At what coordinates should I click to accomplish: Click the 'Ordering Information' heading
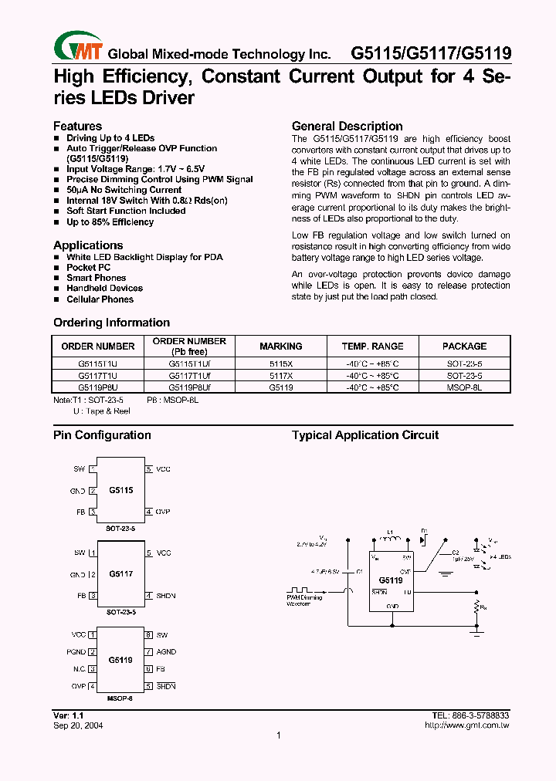111,323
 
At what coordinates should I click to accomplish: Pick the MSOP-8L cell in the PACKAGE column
464,388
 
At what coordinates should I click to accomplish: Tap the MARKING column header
280,347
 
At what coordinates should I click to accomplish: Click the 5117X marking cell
280,374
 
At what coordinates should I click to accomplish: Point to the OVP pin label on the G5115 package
163,512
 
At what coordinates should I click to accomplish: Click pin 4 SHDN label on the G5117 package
165,596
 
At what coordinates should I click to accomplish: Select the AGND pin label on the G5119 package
166,652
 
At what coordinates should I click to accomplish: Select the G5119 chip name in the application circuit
390,580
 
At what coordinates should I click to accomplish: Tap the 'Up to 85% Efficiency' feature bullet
110,222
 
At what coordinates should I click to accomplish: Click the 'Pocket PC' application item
88,267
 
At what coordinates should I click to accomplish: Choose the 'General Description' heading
347,127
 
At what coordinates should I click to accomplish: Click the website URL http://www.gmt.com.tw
467,725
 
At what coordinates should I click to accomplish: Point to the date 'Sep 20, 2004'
78,725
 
